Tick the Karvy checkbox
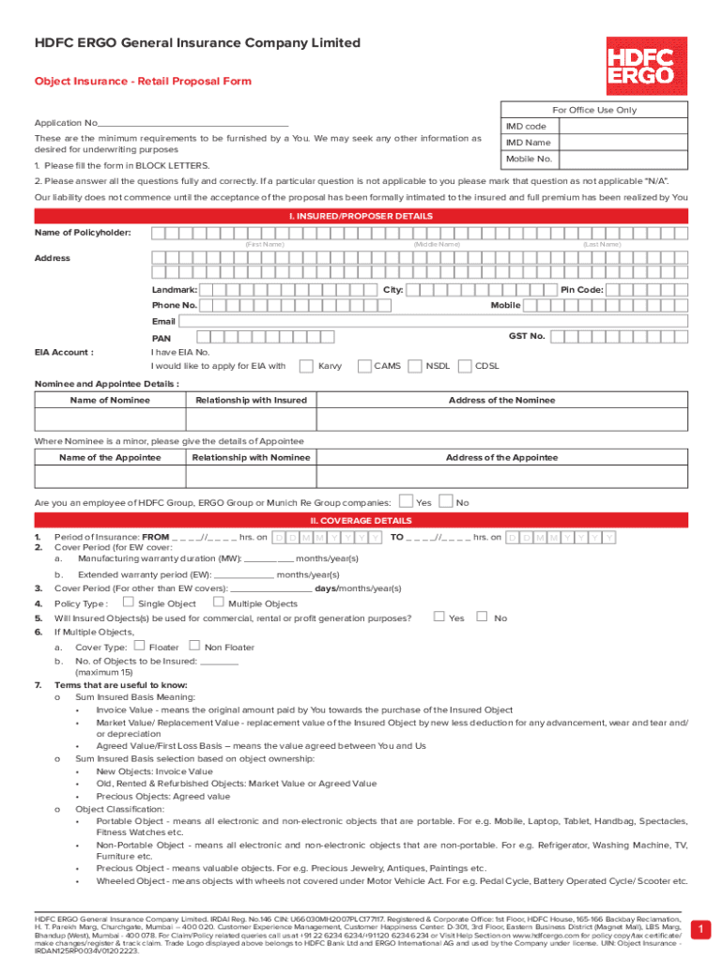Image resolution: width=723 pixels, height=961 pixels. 305,366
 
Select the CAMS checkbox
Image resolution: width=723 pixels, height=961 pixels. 364,366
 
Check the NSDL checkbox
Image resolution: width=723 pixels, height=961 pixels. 415,366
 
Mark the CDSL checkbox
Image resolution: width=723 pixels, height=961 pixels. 464,366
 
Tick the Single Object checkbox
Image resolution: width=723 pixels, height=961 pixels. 129,603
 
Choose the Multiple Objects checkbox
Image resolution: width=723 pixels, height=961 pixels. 219,603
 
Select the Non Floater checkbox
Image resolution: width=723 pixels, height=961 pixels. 194,646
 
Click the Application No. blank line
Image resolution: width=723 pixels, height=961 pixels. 192,124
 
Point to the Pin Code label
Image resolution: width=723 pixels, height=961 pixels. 581,290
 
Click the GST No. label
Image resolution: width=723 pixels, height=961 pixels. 526,335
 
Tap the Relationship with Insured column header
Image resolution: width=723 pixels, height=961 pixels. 251,401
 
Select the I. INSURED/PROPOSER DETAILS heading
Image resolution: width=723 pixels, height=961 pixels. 361,216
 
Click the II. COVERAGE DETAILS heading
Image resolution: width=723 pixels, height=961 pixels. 361,521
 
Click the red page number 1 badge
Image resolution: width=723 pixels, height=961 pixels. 699,929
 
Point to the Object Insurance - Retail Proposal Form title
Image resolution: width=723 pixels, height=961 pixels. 143,81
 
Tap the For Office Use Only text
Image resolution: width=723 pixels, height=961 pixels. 594,110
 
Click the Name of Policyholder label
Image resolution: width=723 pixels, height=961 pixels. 83,233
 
